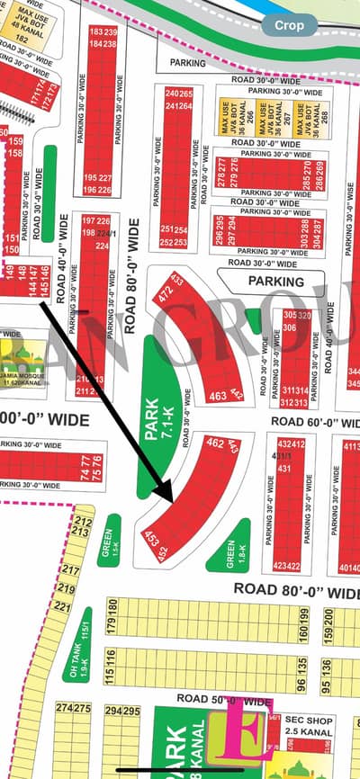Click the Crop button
(289, 26)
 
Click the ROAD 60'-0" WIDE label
(315, 421)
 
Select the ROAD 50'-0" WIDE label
(225, 699)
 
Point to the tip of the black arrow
(171, 500)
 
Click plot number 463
(216, 396)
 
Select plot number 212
(84, 522)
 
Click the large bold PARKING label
(276, 282)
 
